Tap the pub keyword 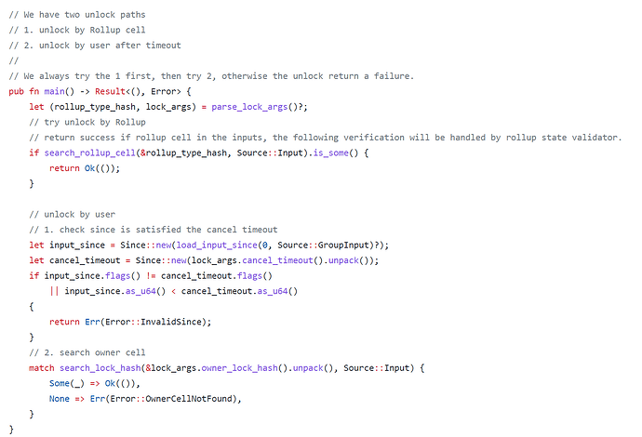point(17,91)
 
